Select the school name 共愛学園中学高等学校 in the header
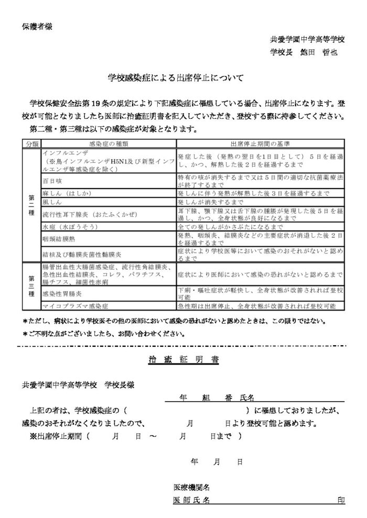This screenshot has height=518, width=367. (307, 40)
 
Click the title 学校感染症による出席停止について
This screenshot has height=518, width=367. (176, 79)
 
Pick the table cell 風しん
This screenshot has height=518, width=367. (52, 202)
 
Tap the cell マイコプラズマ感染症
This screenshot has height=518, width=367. (75, 305)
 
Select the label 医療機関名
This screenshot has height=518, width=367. (193, 488)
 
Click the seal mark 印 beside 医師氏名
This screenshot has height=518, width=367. (341, 500)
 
